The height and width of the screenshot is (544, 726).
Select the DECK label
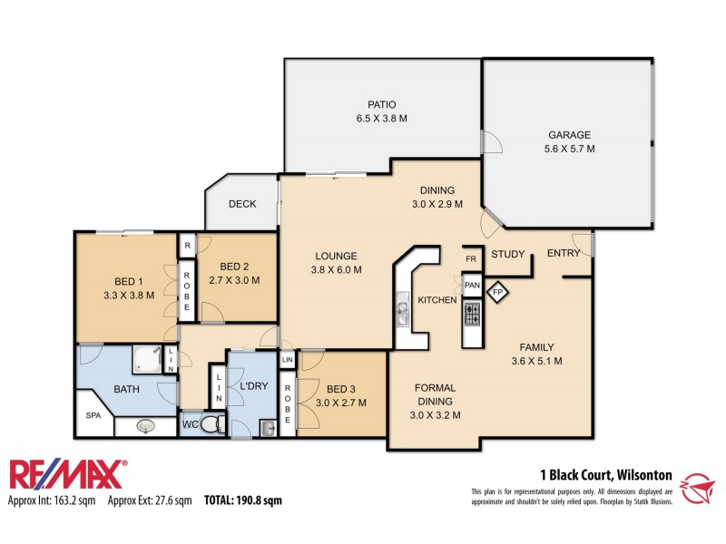pos(241,204)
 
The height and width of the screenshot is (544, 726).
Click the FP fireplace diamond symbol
pos(497,292)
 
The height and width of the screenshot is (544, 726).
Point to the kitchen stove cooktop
pos(473,314)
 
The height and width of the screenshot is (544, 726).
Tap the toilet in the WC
pos(211,423)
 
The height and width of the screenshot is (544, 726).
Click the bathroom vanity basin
pos(145,425)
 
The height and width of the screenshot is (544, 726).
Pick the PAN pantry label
pos(472,285)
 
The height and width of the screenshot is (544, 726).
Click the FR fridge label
pos(471,258)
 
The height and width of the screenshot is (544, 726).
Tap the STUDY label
pos(508,254)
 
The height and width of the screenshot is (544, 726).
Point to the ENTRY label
pos(563,253)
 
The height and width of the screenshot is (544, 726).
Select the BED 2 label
pos(234,266)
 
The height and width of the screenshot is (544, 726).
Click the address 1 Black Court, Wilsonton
pos(605,473)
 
